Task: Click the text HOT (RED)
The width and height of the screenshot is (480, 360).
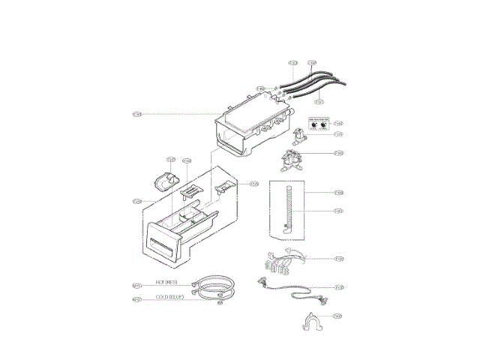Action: coord(166,282)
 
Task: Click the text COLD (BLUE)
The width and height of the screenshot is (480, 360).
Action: coord(169,298)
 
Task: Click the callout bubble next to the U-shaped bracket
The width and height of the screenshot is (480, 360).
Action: coord(338,316)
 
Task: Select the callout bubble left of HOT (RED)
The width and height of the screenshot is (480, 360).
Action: coord(137,285)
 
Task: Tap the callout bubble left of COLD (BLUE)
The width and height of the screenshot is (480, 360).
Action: coord(137,299)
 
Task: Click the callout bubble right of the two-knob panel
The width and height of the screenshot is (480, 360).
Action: coord(338,124)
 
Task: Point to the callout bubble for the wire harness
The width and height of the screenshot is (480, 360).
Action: coord(339,259)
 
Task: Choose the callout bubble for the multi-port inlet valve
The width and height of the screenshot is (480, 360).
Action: coord(339,153)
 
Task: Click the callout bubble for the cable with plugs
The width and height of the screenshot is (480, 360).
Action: coord(339,286)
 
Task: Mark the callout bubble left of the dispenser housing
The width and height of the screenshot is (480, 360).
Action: coord(137,114)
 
